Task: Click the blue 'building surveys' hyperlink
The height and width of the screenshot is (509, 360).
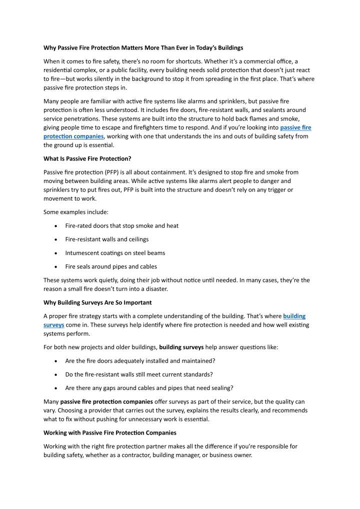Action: pos(294,316)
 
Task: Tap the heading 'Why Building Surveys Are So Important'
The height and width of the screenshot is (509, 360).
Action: pos(97,302)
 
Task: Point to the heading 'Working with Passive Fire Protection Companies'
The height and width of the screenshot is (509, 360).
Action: pos(109,432)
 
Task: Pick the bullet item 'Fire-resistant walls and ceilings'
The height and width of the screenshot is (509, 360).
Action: pos(106,239)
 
